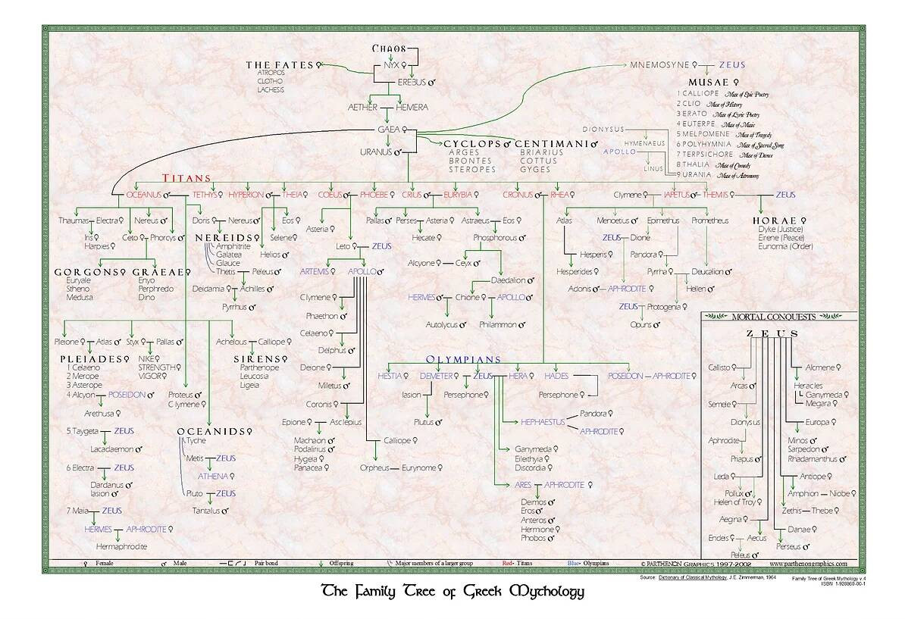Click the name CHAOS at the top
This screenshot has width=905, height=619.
click(390, 48)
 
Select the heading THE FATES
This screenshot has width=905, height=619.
click(279, 65)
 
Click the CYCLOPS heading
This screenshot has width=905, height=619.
click(471, 143)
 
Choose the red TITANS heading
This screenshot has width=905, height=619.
click(186, 178)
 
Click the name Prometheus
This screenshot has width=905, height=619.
click(709, 220)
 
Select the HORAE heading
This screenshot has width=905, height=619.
click(772, 220)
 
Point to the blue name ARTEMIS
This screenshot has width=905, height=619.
click(314, 270)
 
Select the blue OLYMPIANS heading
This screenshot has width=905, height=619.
click(453, 359)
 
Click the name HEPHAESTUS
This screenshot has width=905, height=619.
click(542, 421)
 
